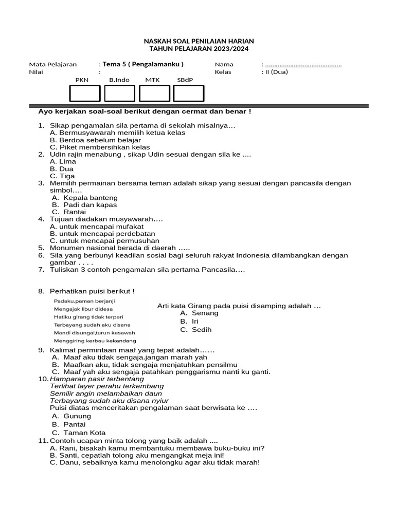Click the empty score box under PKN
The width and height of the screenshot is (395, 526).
[85, 93]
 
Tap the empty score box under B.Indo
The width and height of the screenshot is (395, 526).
[119, 93]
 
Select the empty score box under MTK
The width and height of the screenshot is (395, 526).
[154, 93]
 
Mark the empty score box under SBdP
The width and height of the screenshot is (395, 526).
[188, 93]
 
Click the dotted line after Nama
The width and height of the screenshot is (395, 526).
[303, 65]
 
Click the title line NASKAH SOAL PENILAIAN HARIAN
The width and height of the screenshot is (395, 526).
[198, 41]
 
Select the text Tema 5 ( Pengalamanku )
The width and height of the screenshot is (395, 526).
[142, 64]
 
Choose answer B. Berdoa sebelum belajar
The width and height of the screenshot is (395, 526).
[88, 140]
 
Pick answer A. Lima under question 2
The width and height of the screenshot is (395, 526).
[63, 161]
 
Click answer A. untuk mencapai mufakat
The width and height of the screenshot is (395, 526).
[97, 226]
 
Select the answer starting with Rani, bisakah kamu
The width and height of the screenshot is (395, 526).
[157, 448]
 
